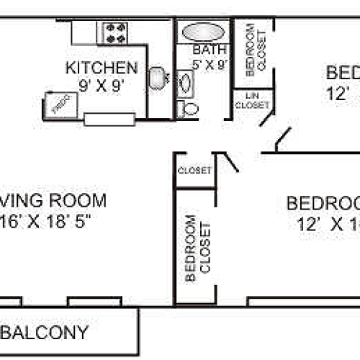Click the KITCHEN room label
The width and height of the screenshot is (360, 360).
tap(102, 68)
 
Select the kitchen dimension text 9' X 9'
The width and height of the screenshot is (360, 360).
tap(102, 84)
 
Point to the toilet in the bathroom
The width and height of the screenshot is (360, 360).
tap(189, 109)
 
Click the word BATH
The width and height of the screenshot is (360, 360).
tap(210, 50)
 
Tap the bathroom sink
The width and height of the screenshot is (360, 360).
tap(184, 84)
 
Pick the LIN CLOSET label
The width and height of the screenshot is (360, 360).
tap(251, 101)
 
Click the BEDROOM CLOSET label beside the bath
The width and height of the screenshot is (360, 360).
tap(250, 49)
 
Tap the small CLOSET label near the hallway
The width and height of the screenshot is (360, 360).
tap(194, 171)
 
